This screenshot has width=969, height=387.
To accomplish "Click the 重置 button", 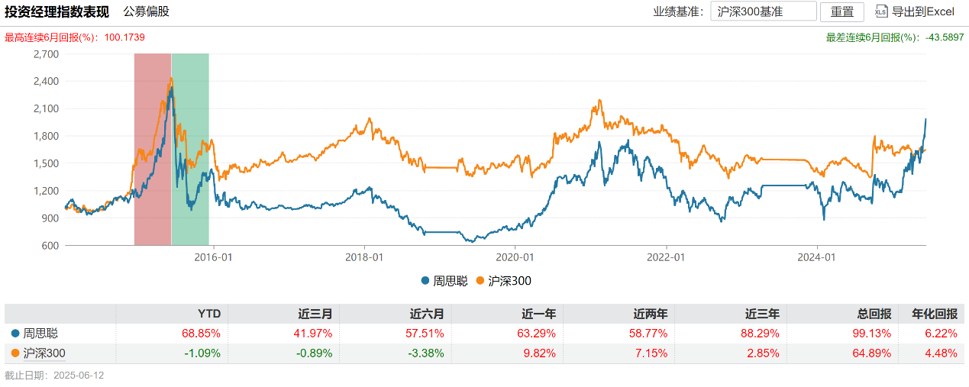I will click(x=841, y=11).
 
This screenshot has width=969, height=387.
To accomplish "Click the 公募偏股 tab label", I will click(x=147, y=11).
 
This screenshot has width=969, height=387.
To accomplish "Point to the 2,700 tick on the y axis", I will click(x=47, y=54).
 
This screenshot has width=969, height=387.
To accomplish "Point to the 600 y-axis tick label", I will click(x=50, y=246).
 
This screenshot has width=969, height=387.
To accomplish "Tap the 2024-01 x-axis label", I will click(x=817, y=257).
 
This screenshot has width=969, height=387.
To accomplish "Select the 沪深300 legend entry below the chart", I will click(x=502, y=281).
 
